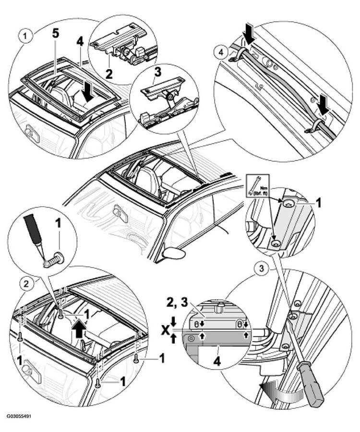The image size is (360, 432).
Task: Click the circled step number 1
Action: coord(26,36)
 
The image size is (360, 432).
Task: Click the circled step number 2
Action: coord(26,284)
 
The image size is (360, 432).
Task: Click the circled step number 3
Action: coord(262,268)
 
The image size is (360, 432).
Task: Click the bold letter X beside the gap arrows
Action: coord(166,330)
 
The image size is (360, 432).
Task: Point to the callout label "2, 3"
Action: coord(177,303)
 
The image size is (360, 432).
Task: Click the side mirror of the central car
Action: coord(174,253)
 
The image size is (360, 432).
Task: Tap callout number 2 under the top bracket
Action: coord(109,74)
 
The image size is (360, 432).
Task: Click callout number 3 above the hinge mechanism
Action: coord(158,73)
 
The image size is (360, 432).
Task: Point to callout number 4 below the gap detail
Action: coord(217,361)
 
